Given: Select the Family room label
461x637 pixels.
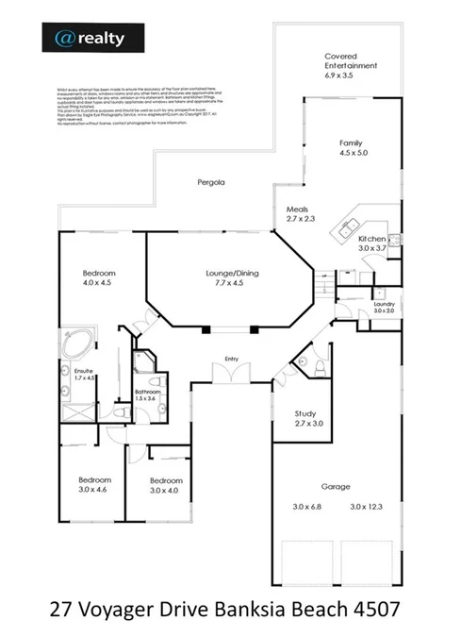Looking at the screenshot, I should (351, 147).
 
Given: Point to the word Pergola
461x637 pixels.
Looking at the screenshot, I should (210, 181).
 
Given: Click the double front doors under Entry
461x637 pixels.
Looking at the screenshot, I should (226, 376).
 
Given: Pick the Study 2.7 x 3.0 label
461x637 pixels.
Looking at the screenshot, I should (305, 419).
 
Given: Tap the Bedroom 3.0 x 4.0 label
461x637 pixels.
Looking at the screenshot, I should (167, 484).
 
